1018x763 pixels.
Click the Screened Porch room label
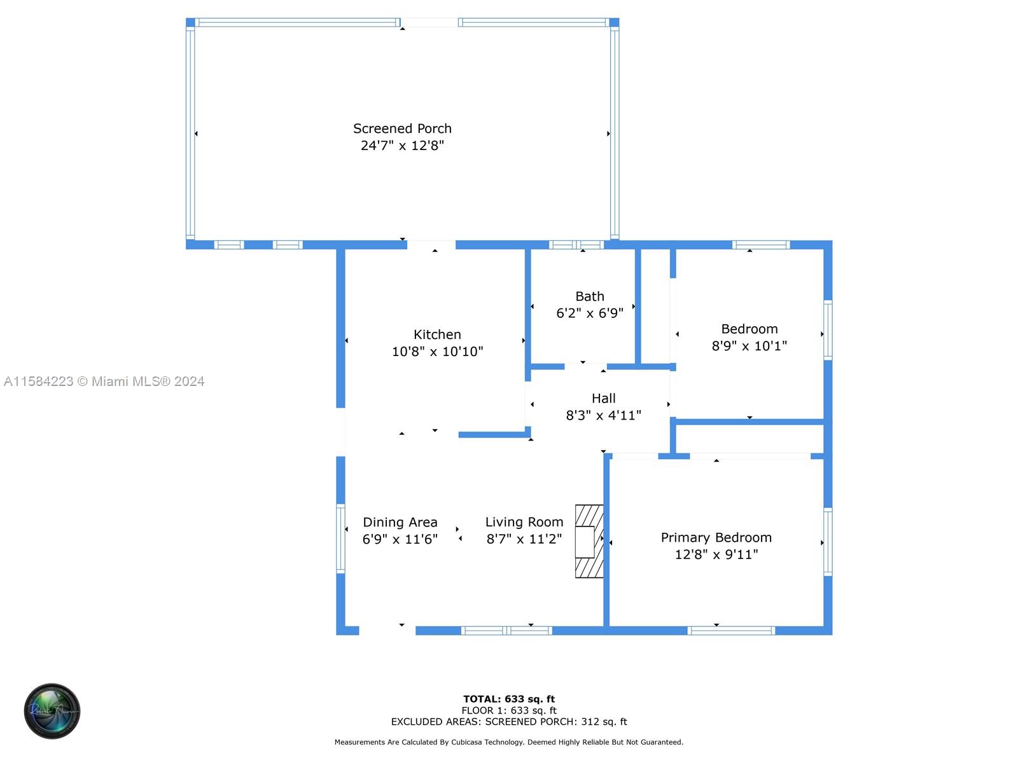[402, 128]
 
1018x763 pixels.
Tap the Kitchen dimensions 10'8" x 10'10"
[437, 351]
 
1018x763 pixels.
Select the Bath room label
[589, 296]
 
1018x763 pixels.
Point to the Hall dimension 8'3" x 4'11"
[603, 415]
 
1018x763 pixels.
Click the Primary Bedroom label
[716, 537]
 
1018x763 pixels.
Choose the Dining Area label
[400, 522]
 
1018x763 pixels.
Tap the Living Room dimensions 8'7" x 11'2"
[524, 539]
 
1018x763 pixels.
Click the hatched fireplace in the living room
[589, 541]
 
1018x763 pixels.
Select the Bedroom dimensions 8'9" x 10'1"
[749, 346]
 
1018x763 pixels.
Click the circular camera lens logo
[52, 711]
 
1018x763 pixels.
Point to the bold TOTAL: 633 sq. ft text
[509, 699]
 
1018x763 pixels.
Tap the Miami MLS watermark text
[104, 381]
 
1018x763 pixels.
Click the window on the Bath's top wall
[576, 245]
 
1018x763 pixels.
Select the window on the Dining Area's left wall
[340, 539]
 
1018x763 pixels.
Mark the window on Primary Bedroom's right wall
[828, 542]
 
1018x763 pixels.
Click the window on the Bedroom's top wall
[761, 245]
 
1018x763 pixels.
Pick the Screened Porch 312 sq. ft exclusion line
[509, 722]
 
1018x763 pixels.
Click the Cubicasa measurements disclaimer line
[509, 742]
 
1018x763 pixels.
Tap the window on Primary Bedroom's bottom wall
[731, 631]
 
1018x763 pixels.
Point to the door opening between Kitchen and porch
[431, 245]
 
